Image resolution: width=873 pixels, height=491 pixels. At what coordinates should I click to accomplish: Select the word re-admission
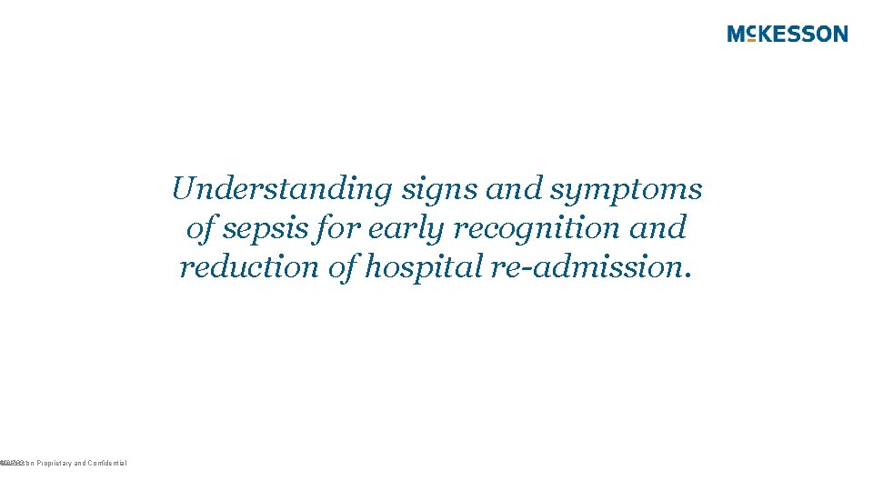(576, 267)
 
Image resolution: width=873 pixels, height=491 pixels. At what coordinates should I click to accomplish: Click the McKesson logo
(788, 35)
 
